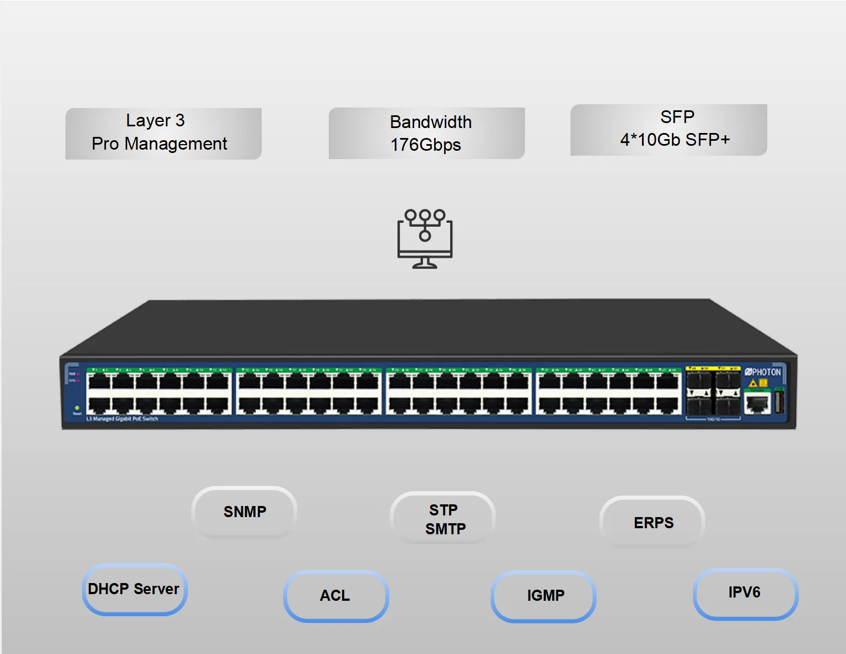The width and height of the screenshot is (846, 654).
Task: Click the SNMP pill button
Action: [244, 512]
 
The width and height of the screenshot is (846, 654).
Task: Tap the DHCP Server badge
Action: [134, 589]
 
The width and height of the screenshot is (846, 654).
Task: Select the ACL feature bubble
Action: [335, 596]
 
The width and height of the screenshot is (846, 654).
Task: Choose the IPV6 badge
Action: [745, 593]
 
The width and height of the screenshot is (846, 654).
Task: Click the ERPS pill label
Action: [653, 523]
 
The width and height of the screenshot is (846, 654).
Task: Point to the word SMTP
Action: [445, 529]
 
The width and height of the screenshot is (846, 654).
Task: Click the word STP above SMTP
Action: [444, 510]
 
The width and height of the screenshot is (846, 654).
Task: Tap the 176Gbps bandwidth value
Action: [426, 145]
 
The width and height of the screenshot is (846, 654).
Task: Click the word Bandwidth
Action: [431, 122]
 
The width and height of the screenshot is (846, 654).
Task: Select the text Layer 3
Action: [155, 120]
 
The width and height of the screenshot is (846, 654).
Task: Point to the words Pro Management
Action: [160, 144]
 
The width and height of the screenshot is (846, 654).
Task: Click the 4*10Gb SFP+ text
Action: [675, 140]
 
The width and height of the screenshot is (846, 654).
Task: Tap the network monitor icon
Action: [425, 239]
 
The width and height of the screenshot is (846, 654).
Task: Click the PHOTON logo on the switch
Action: [763, 372]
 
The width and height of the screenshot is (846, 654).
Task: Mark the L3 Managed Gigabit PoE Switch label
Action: [122, 419]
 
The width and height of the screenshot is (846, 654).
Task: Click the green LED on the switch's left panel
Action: [77, 408]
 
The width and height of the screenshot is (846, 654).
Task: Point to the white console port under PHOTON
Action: [757, 404]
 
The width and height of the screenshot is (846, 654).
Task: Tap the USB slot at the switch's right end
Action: [779, 402]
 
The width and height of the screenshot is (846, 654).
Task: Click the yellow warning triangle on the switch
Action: [753, 383]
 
